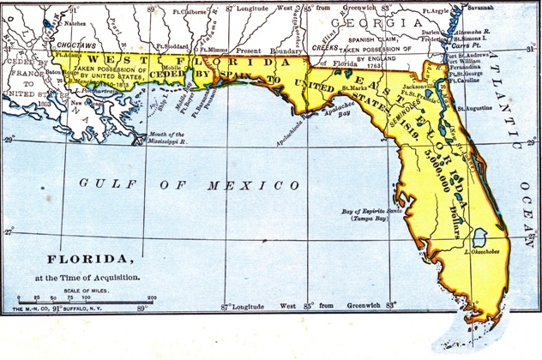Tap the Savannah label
click(503, 7)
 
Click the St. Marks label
click(354, 87)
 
